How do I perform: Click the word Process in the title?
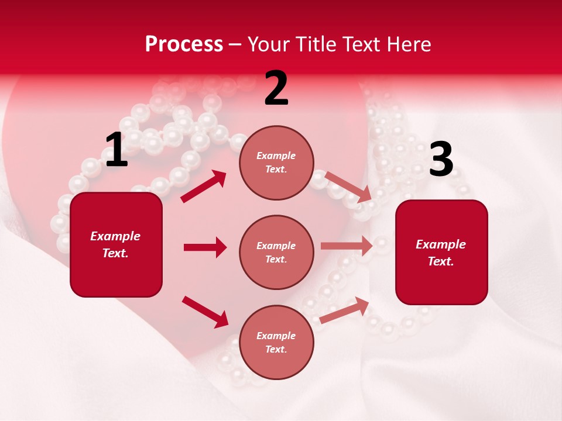pos(184,44)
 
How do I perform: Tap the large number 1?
pos(116,150)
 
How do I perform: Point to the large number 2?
pos(276,89)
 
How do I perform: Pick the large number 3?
pos(441,160)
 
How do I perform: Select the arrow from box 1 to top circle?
pos(203,187)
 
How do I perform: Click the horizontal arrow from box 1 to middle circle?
pos(205,247)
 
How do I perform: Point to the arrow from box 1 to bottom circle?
pos(205,312)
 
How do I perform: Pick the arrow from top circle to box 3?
pos(348,187)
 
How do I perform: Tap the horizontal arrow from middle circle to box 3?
pos(347,246)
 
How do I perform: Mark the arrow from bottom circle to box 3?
pos(345,310)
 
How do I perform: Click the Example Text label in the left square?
pos(115,244)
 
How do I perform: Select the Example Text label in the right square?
pos(441,253)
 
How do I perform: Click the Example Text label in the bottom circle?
pos(276,342)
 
